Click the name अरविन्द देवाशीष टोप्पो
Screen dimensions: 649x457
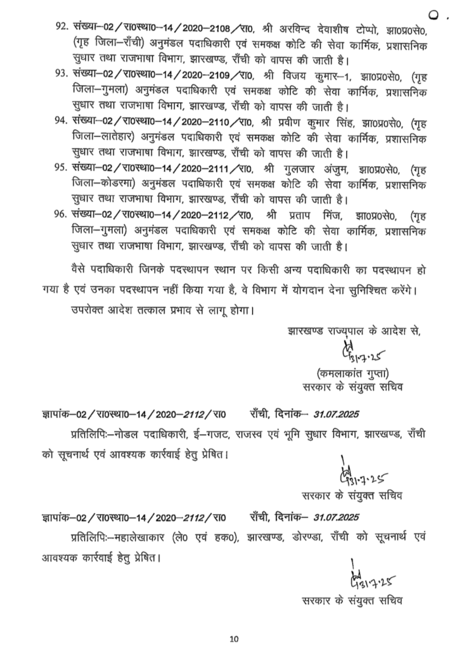pos(330,28)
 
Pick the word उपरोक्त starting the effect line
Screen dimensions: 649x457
pos(86,311)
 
